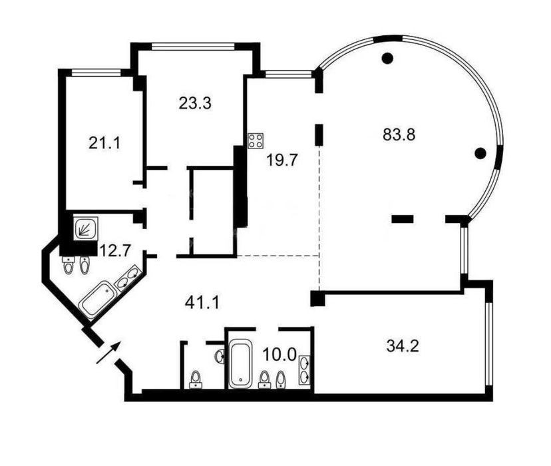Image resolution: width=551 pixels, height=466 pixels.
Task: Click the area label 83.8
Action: (399, 134)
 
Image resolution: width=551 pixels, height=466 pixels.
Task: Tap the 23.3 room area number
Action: (195, 103)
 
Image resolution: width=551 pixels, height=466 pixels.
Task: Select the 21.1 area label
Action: (104, 143)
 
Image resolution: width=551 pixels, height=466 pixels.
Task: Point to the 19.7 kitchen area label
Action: (282, 160)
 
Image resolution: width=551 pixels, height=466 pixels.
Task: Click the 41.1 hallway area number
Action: (202, 302)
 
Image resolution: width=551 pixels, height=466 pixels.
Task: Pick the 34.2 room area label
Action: (403, 346)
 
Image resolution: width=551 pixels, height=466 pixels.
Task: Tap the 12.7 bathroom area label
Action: (116, 250)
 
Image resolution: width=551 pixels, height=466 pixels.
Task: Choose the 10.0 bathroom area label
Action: (280, 354)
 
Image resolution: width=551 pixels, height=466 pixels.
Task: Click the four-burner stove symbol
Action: (256, 140)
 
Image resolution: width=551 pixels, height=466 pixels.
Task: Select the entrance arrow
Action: (108, 352)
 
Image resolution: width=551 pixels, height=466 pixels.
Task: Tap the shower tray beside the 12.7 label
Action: (85, 229)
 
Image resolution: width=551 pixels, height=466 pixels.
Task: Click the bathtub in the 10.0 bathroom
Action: (240, 363)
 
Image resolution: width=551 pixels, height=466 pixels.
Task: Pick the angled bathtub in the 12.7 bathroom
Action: (97, 300)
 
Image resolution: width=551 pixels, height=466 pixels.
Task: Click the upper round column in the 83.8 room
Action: (387, 58)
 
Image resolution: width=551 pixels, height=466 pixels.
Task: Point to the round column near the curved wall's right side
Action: (480, 153)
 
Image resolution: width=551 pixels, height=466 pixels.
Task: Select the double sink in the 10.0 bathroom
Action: (304, 370)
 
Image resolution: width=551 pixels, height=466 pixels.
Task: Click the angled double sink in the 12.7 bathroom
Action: (128, 278)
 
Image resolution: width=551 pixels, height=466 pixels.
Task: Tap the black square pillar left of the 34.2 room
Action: (318, 299)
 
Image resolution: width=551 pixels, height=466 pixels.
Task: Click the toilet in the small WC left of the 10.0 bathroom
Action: (196, 379)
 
